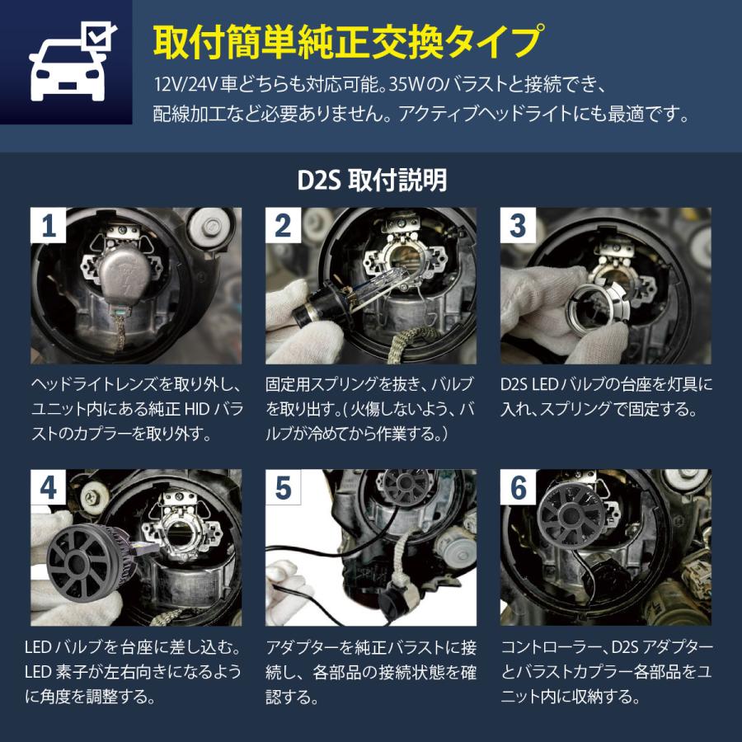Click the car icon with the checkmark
(x=66, y=63)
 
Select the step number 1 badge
(x=49, y=226)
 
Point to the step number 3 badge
(x=518, y=226)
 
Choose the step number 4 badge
(x=49, y=488)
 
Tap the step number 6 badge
(x=518, y=488)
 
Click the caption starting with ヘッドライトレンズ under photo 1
(x=136, y=409)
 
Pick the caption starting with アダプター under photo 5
(x=370, y=672)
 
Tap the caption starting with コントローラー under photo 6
(x=605, y=672)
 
